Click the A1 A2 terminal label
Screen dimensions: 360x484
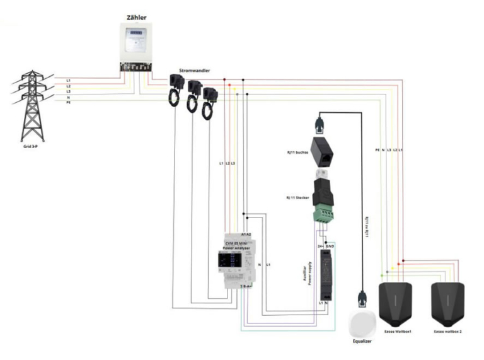click(246, 235)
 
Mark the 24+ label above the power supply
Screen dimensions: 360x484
click(320, 245)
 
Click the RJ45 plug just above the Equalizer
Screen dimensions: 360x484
click(362, 296)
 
